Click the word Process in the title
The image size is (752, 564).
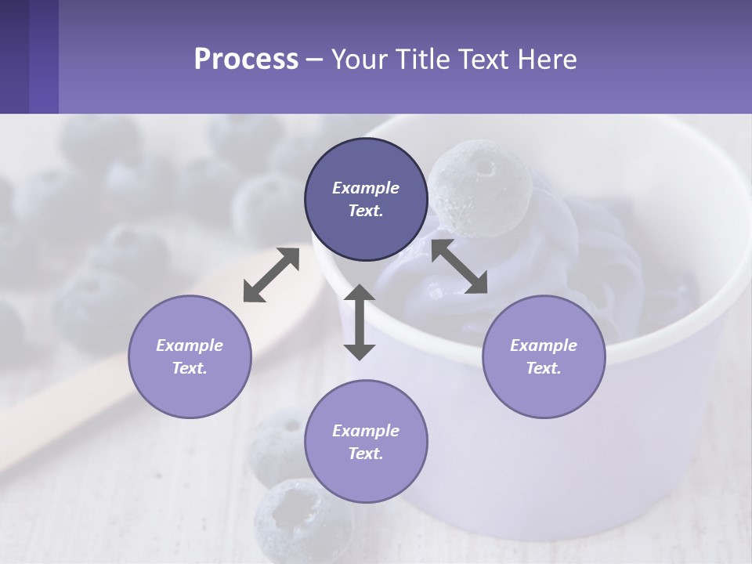pyautogui.click(x=246, y=59)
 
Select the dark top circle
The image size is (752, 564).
pyautogui.click(x=366, y=200)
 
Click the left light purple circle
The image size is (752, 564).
pyautogui.click(x=190, y=356)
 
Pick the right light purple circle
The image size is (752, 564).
pyautogui.click(x=543, y=356)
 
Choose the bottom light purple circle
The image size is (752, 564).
pyautogui.click(x=366, y=442)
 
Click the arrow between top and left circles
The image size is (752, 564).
pyautogui.click(x=271, y=275)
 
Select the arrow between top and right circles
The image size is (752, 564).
pyautogui.click(x=459, y=266)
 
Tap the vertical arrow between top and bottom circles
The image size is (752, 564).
pyautogui.click(x=360, y=322)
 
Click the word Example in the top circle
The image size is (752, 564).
pyautogui.click(x=366, y=188)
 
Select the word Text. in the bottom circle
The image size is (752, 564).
pyautogui.click(x=366, y=454)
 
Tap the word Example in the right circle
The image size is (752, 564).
pyautogui.click(x=543, y=345)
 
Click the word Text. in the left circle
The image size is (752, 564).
pyautogui.click(x=190, y=368)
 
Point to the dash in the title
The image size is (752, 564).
pyautogui.click(x=314, y=60)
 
